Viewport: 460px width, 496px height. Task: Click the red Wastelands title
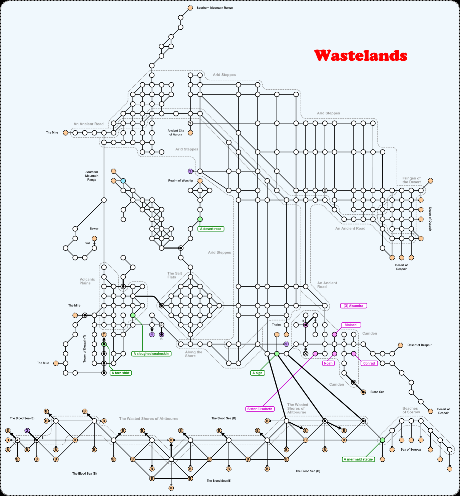coord(361,55)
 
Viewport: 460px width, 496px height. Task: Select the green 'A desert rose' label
coord(210,229)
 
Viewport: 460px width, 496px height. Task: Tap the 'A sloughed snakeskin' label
coord(151,354)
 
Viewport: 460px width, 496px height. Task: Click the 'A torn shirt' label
coord(121,373)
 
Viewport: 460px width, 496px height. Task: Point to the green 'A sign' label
coord(257,373)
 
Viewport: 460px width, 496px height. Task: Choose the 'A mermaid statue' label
coord(358,459)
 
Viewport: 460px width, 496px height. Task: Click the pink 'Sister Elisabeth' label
coord(260,409)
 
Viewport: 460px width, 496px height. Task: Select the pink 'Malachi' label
coord(351,325)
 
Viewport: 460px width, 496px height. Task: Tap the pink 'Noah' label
coord(328,363)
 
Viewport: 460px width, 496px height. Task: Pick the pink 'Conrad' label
coord(369,363)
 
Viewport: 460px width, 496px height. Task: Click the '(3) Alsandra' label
coord(353,306)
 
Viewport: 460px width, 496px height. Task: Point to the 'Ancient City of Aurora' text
coord(176,133)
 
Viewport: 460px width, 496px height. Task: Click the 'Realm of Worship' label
coord(180,181)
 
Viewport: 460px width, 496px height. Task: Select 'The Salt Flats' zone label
coord(174,275)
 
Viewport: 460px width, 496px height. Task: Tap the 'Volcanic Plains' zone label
coord(87,281)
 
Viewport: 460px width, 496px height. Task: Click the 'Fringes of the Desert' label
coord(411,180)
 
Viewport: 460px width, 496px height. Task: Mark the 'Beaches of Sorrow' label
coord(411,410)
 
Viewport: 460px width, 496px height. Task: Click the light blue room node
coord(123,181)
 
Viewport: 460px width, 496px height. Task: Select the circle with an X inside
coord(306,354)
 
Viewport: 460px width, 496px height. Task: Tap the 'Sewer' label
coord(94,229)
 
